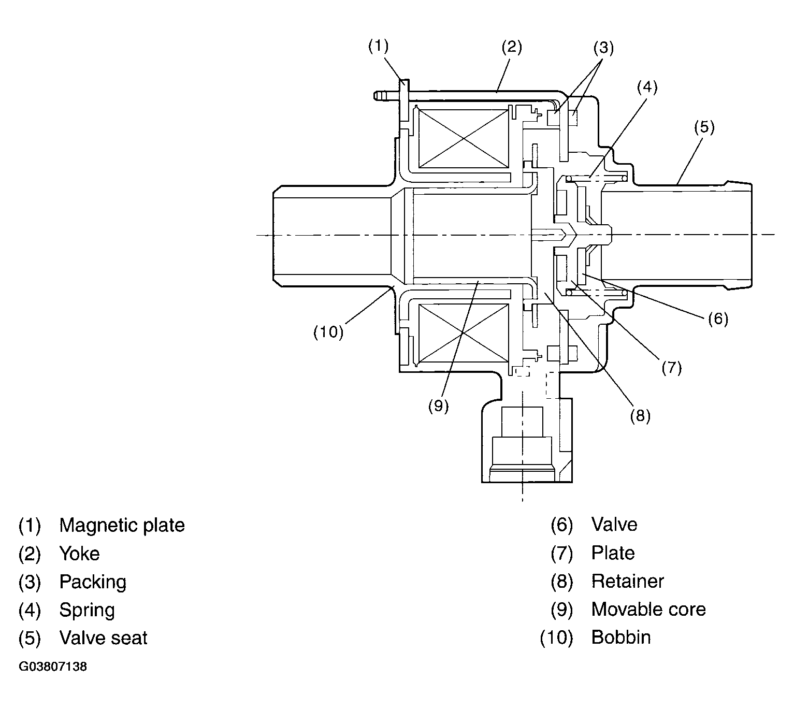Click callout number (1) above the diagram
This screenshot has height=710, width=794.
[378, 46]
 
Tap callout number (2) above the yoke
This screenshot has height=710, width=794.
[511, 47]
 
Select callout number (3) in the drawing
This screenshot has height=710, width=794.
[603, 48]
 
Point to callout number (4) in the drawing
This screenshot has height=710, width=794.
[647, 87]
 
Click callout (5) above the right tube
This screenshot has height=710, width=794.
[704, 127]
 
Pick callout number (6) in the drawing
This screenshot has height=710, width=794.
[718, 318]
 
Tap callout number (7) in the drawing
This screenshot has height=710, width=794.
[671, 367]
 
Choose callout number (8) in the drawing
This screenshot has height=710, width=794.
[640, 415]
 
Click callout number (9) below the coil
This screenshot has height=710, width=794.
[438, 406]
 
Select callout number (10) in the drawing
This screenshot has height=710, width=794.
[328, 331]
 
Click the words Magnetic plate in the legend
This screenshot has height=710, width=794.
[122, 525]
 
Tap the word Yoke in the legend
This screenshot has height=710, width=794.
[79, 554]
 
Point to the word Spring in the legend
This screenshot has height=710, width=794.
[87, 610]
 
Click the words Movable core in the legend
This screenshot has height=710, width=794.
[648, 609]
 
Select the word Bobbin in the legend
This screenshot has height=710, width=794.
[621, 637]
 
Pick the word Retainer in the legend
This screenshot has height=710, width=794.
[627, 581]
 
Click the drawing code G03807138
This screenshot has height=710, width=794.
[53, 666]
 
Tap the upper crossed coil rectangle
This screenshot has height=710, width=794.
[463, 138]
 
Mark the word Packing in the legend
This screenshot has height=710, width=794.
[93, 582]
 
